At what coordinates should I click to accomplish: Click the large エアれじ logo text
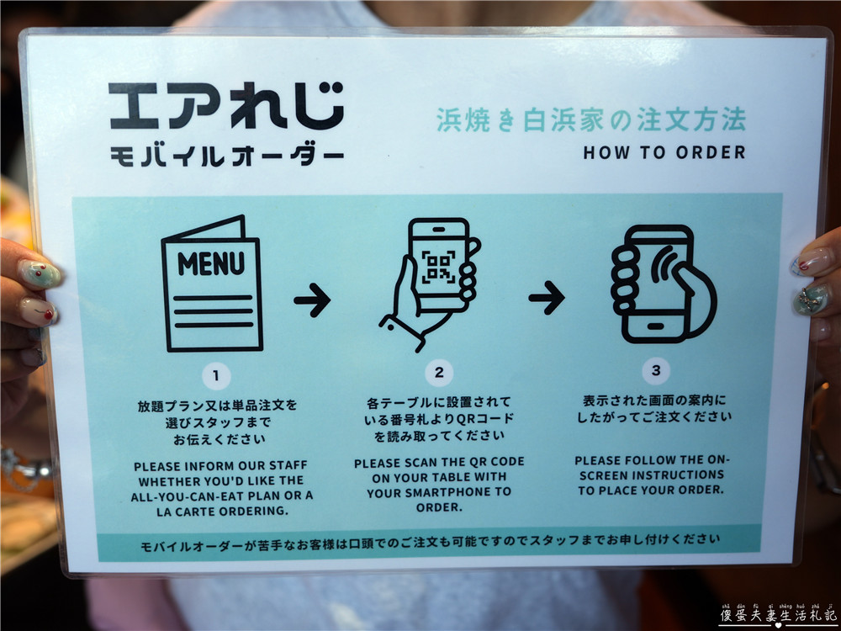225,105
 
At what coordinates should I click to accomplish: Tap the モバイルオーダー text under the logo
225,156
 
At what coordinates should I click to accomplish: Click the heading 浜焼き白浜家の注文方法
590,120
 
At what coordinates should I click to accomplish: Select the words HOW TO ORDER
664,153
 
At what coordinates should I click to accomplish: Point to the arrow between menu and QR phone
312,300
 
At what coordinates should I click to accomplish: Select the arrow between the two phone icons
546,297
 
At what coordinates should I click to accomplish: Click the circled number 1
217,375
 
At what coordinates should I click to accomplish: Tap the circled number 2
439,373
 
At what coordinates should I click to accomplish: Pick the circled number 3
656,371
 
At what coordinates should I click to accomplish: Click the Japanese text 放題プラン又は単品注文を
218,406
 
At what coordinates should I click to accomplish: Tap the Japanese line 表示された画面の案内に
653,400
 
